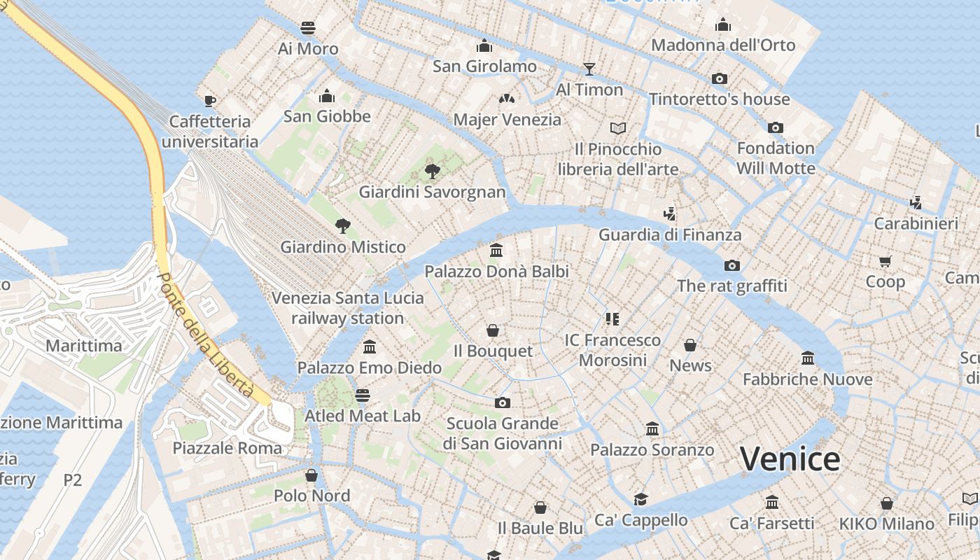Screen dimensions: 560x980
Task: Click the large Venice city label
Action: pyautogui.click(x=790, y=459)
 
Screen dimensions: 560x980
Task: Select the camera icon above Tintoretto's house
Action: pyautogui.click(x=719, y=78)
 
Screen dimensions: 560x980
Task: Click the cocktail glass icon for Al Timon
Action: pyautogui.click(x=589, y=69)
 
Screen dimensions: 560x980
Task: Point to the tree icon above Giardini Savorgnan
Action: pyautogui.click(x=433, y=170)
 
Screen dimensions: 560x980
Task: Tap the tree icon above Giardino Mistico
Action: pyautogui.click(x=342, y=225)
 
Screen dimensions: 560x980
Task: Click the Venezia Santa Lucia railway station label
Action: pyautogui.click(x=347, y=308)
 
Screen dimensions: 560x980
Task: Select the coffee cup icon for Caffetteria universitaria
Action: pyautogui.click(x=209, y=101)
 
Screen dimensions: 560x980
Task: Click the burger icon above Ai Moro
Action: pyautogui.click(x=308, y=28)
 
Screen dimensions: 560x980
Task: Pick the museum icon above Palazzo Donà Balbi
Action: pyautogui.click(x=496, y=250)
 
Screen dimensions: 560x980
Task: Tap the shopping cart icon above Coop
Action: pyautogui.click(x=885, y=261)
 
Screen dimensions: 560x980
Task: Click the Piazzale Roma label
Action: pyautogui.click(x=227, y=448)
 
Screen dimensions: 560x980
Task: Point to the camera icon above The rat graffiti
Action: pyautogui.click(x=732, y=265)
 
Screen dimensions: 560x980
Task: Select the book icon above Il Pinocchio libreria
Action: pyautogui.click(x=617, y=128)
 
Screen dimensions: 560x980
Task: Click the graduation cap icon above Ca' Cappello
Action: pyautogui.click(x=640, y=499)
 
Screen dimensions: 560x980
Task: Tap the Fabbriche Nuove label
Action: pyautogui.click(x=807, y=379)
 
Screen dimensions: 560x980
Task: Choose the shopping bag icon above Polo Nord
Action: pyautogui.click(x=311, y=475)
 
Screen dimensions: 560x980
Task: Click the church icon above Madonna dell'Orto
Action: pyautogui.click(x=723, y=25)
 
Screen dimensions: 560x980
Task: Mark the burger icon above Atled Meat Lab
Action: pyautogui.click(x=362, y=395)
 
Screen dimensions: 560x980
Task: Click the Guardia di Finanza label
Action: pyautogui.click(x=669, y=234)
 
